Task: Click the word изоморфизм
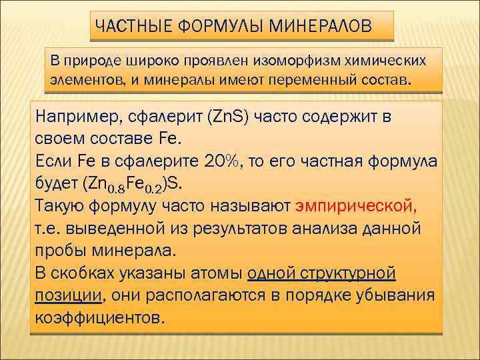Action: click(297, 61)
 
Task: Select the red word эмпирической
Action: click(359, 205)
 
